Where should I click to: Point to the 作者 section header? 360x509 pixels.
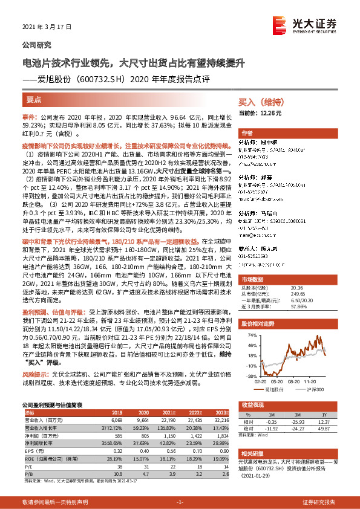(x=247, y=133)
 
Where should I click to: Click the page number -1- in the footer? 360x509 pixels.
(x=180, y=502)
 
